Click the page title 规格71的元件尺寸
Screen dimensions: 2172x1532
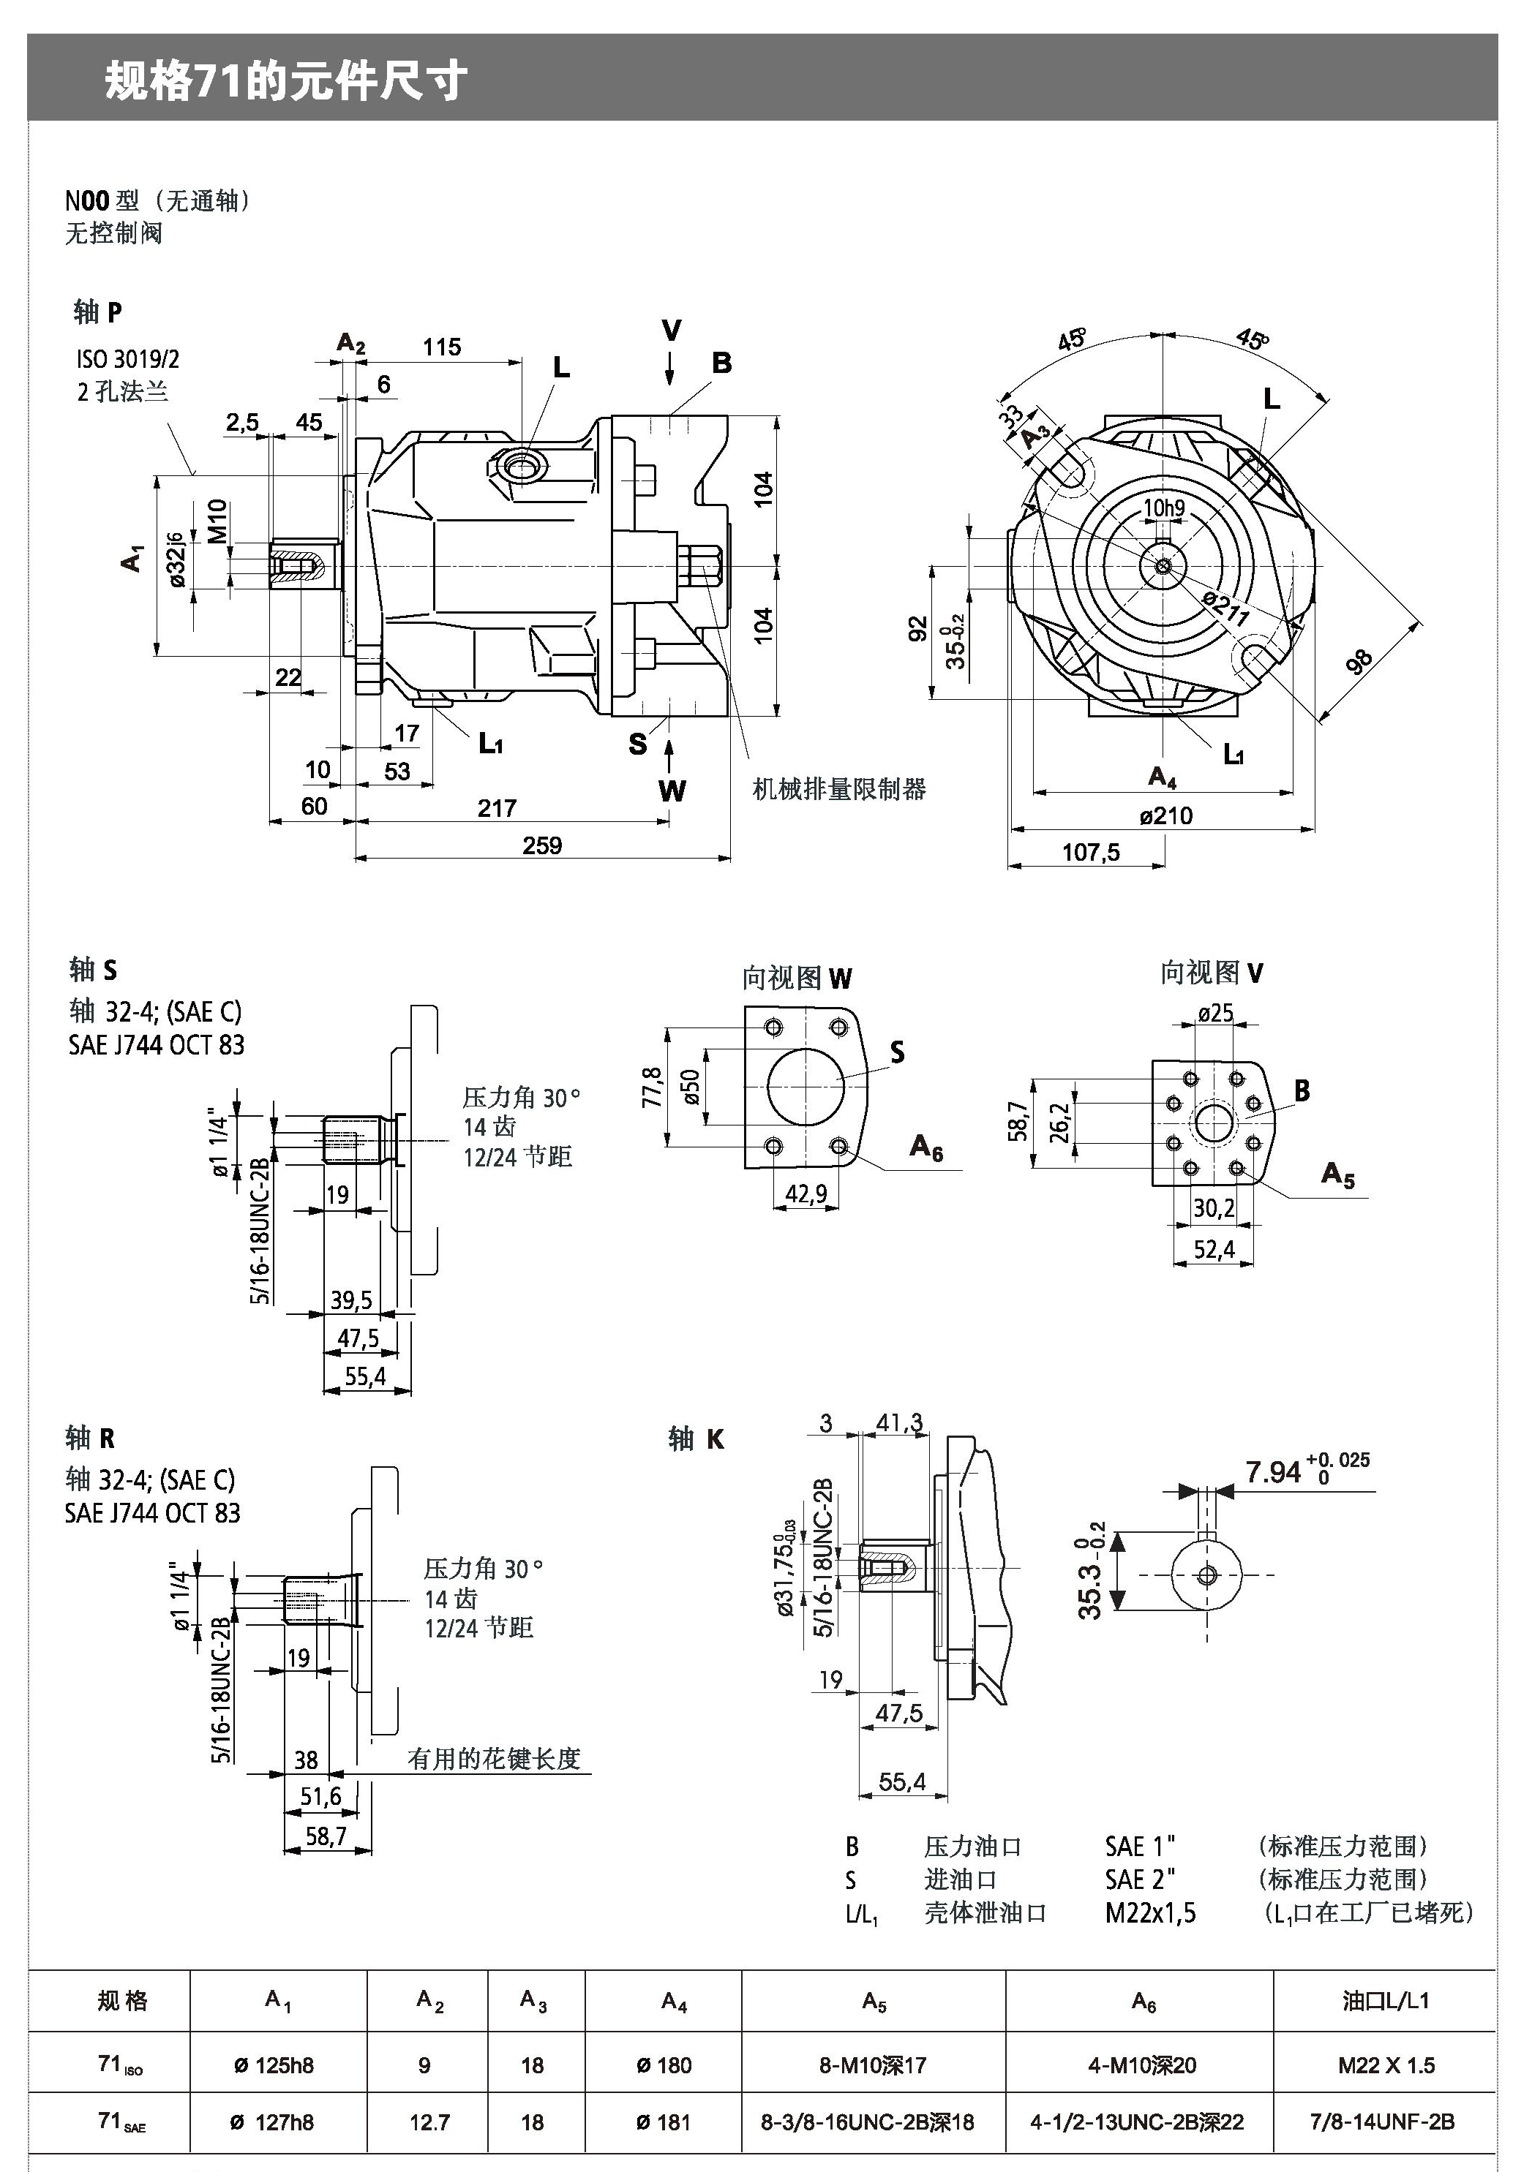(x=286, y=80)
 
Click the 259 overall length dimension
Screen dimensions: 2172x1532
(x=541, y=845)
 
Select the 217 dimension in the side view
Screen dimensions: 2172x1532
(x=497, y=808)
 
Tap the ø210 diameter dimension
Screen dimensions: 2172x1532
(x=1165, y=815)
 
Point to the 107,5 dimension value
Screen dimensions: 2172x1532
(x=1090, y=852)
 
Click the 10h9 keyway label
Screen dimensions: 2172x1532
(x=1164, y=508)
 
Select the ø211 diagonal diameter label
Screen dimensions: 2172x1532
(x=1225, y=608)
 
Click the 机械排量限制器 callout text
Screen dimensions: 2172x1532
(x=838, y=789)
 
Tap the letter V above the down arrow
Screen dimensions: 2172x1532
(x=671, y=331)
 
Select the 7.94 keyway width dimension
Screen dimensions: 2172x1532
(x=1273, y=1472)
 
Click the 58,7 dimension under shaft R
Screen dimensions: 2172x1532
(x=326, y=1835)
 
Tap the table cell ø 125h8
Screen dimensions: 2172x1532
(x=274, y=2065)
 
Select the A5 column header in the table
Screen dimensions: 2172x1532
(x=874, y=2002)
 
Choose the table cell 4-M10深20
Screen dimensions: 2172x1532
(x=1141, y=2065)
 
